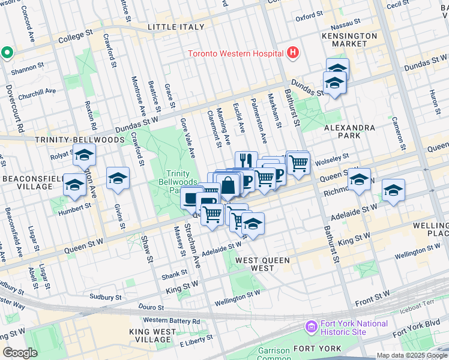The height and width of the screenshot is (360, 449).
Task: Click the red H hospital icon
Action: click(x=292, y=53)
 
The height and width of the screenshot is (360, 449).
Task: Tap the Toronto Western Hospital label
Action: click(x=235, y=53)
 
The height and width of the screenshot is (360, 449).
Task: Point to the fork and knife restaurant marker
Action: click(x=246, y=160)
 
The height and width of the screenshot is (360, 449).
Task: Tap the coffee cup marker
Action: click(x=192, y=197)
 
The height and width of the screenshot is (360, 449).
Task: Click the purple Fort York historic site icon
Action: click(x=312, y=327)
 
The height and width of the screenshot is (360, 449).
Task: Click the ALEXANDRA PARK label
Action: click(x=349, y=132)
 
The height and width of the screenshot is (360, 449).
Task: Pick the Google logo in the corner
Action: click(x=20, y=353)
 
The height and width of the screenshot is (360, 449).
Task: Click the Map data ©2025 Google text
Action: click(x=411, y=355)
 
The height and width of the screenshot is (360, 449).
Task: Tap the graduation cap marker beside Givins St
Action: click(x=118, y=178)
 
